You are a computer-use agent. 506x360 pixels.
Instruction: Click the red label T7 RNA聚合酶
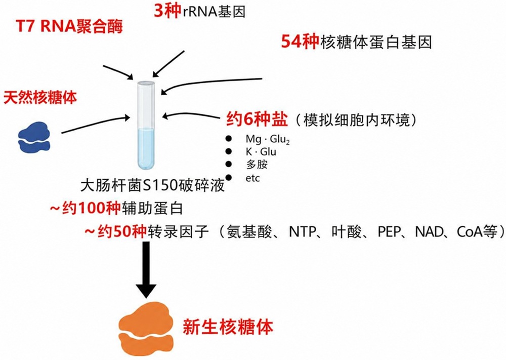(x=69, y=26)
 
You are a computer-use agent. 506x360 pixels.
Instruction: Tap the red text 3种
(x=167, y=11)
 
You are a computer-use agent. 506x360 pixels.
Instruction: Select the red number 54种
(x=300, y=42)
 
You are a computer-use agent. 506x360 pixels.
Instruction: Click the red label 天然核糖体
(x=40, y=97)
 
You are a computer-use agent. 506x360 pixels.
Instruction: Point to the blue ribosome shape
(x=34, y=137)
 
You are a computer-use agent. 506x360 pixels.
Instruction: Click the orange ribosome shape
(x=146, y=329)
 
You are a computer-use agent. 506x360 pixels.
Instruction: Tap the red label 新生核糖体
(x=228, y=327)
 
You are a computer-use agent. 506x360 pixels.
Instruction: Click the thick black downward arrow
(x=146, y=269)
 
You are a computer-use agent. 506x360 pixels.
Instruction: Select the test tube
(x=146, y=125)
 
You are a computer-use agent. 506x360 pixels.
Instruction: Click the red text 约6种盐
(x=257, y=119)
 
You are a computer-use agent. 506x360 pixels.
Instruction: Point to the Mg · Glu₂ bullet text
(x=268, y=139)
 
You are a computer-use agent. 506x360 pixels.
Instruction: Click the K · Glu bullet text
(x=261, y=152)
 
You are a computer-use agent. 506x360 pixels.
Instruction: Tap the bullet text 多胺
(x=257, y=165)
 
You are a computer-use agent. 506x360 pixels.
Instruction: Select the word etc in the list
(x=252, y=178)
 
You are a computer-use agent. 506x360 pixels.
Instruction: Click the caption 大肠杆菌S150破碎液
(x=152, y=186)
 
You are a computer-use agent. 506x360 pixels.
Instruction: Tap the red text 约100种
(x=86, y=208)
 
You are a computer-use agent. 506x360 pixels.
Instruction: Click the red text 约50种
(x=116, y=232)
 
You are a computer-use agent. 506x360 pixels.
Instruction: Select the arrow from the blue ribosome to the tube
(x=96, y=125)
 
